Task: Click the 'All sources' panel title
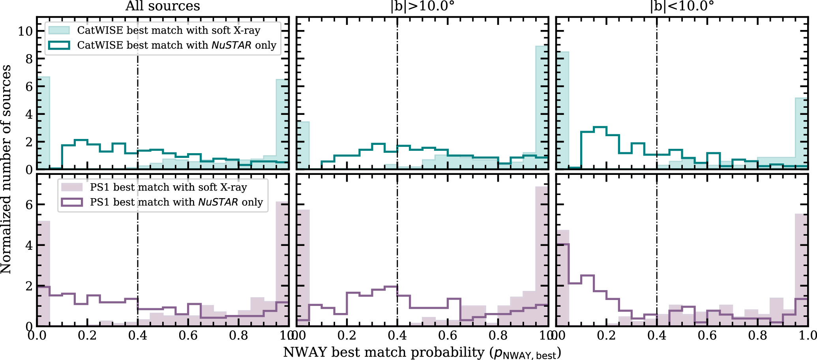coord(163,6)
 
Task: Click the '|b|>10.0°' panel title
coord(422,6)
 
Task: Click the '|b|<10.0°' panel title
coord(682,6)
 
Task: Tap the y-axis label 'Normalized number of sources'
coord(6,170)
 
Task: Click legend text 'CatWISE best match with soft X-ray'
coord(169,30)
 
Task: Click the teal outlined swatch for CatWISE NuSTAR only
coord(59,45)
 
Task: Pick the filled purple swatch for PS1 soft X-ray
coord(72,187)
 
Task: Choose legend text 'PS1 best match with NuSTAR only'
coord(176,202)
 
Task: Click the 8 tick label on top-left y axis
coord(29,59)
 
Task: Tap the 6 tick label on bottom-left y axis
coord(29,204)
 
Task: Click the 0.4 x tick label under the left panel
coord(137,336)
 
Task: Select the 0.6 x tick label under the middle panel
coord(448,336)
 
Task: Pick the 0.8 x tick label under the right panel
coord(757,336)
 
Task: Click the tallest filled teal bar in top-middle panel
coord(542,107)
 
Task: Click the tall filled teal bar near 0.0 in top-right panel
coord(562,111)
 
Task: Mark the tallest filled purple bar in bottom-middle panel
coord(542,257)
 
